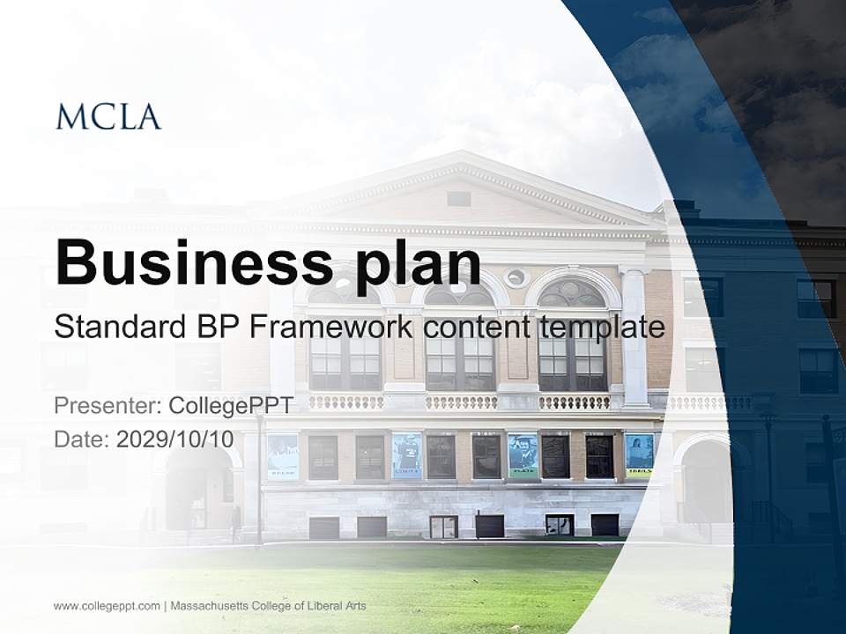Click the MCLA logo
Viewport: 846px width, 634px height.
108,117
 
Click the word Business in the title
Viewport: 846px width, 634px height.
195,262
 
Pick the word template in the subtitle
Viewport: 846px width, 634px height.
603,328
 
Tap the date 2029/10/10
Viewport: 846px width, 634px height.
175,439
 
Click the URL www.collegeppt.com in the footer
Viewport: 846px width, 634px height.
107,606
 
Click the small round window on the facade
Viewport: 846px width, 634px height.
516,277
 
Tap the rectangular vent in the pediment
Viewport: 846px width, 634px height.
458,198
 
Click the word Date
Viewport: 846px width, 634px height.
82,439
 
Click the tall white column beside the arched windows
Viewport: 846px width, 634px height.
634,338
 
